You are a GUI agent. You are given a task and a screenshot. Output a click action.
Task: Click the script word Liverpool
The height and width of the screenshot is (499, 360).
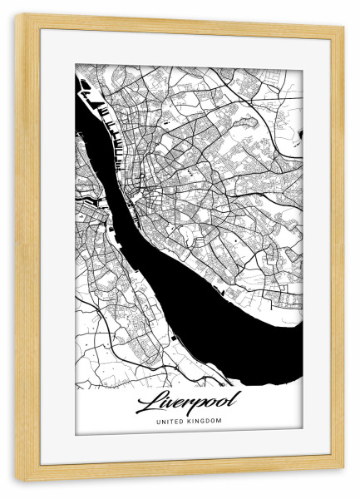pyautogui.click(x=186, y=403)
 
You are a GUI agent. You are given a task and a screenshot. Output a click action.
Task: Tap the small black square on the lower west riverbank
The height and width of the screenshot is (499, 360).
pyautogui.click(x=174, y=338)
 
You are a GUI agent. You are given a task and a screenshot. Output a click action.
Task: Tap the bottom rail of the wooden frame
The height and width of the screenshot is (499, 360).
pyautogui.click(x=180, y=474)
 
